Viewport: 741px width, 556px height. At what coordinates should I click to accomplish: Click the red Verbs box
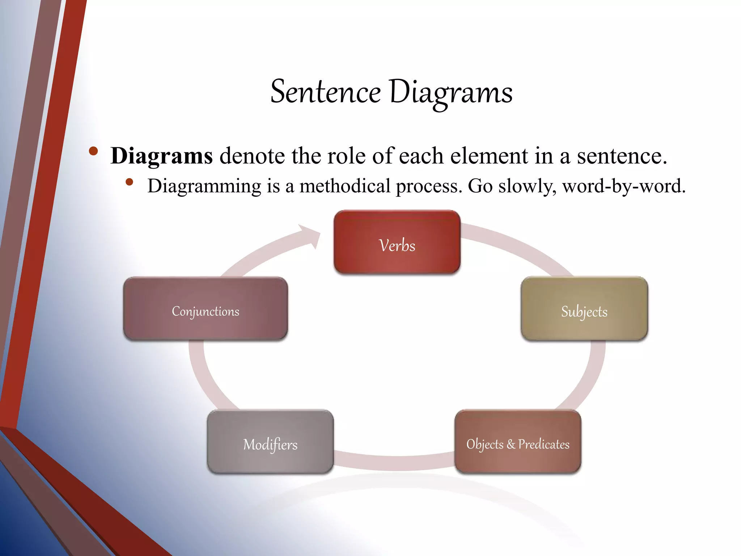click(397, 242)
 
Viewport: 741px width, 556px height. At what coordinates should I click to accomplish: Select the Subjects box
click(584, 308)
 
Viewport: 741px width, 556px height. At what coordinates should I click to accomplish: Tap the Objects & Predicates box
click(518, 442)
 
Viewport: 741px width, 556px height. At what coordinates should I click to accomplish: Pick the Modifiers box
click(270, 442)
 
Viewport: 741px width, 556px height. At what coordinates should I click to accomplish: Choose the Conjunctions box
click(206, 308)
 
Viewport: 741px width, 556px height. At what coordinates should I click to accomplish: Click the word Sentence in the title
click(326, 92)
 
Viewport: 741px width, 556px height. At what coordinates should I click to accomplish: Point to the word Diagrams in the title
click(451, 93)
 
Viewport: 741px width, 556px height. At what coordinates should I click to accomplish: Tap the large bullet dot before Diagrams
click(93, 151)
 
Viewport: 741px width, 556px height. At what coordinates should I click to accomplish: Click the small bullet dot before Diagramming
click(130, 182)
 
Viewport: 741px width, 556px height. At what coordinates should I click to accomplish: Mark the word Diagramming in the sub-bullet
click(204, 187)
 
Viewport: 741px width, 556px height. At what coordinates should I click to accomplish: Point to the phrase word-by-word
click(623, 186)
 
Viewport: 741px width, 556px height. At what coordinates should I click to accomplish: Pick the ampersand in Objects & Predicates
click(511, 444)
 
